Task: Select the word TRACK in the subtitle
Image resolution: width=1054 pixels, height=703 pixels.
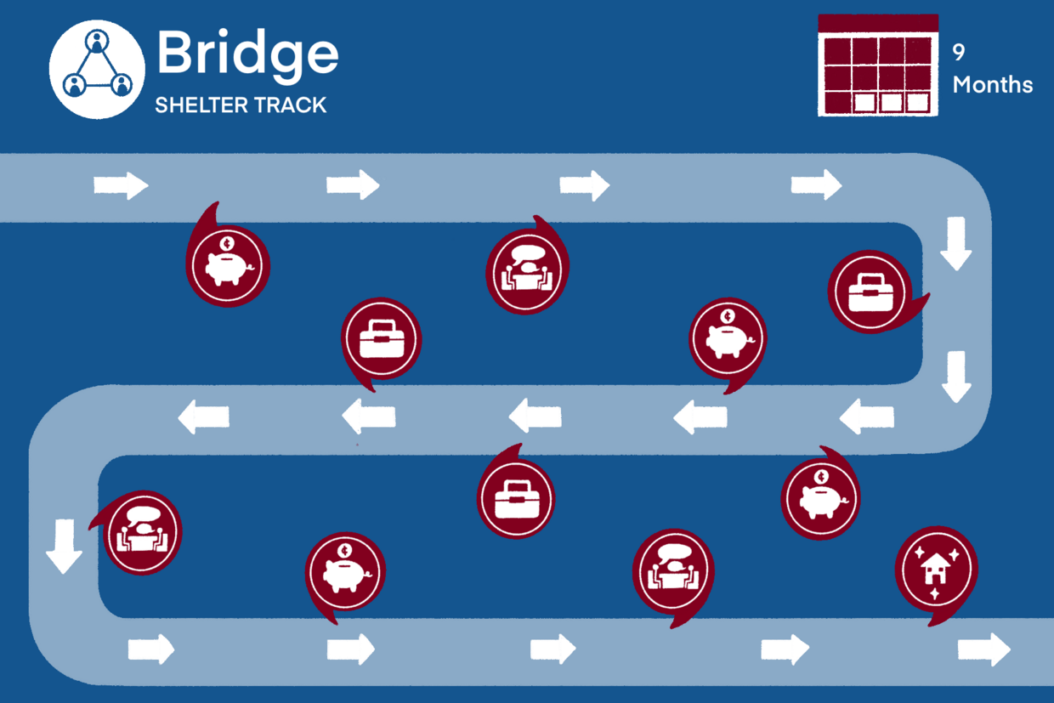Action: pos(291,105)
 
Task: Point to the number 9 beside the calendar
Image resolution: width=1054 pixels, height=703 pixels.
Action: pos(959,53)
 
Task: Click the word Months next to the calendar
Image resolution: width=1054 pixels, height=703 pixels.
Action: pos(992,85)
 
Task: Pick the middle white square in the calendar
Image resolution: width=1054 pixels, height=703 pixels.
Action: pos(890,103)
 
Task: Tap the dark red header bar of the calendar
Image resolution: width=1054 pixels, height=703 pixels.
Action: pos(878,23)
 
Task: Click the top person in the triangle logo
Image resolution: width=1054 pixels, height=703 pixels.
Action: pos(97,42)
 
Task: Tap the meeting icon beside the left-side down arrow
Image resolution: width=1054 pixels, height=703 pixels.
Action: pos(142,532)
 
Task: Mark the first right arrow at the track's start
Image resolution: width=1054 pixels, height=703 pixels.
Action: pos(121,184)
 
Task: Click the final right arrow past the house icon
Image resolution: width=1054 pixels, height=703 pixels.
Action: pos(984,649)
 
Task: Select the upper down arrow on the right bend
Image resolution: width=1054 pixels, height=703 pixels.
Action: pos(956,244)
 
